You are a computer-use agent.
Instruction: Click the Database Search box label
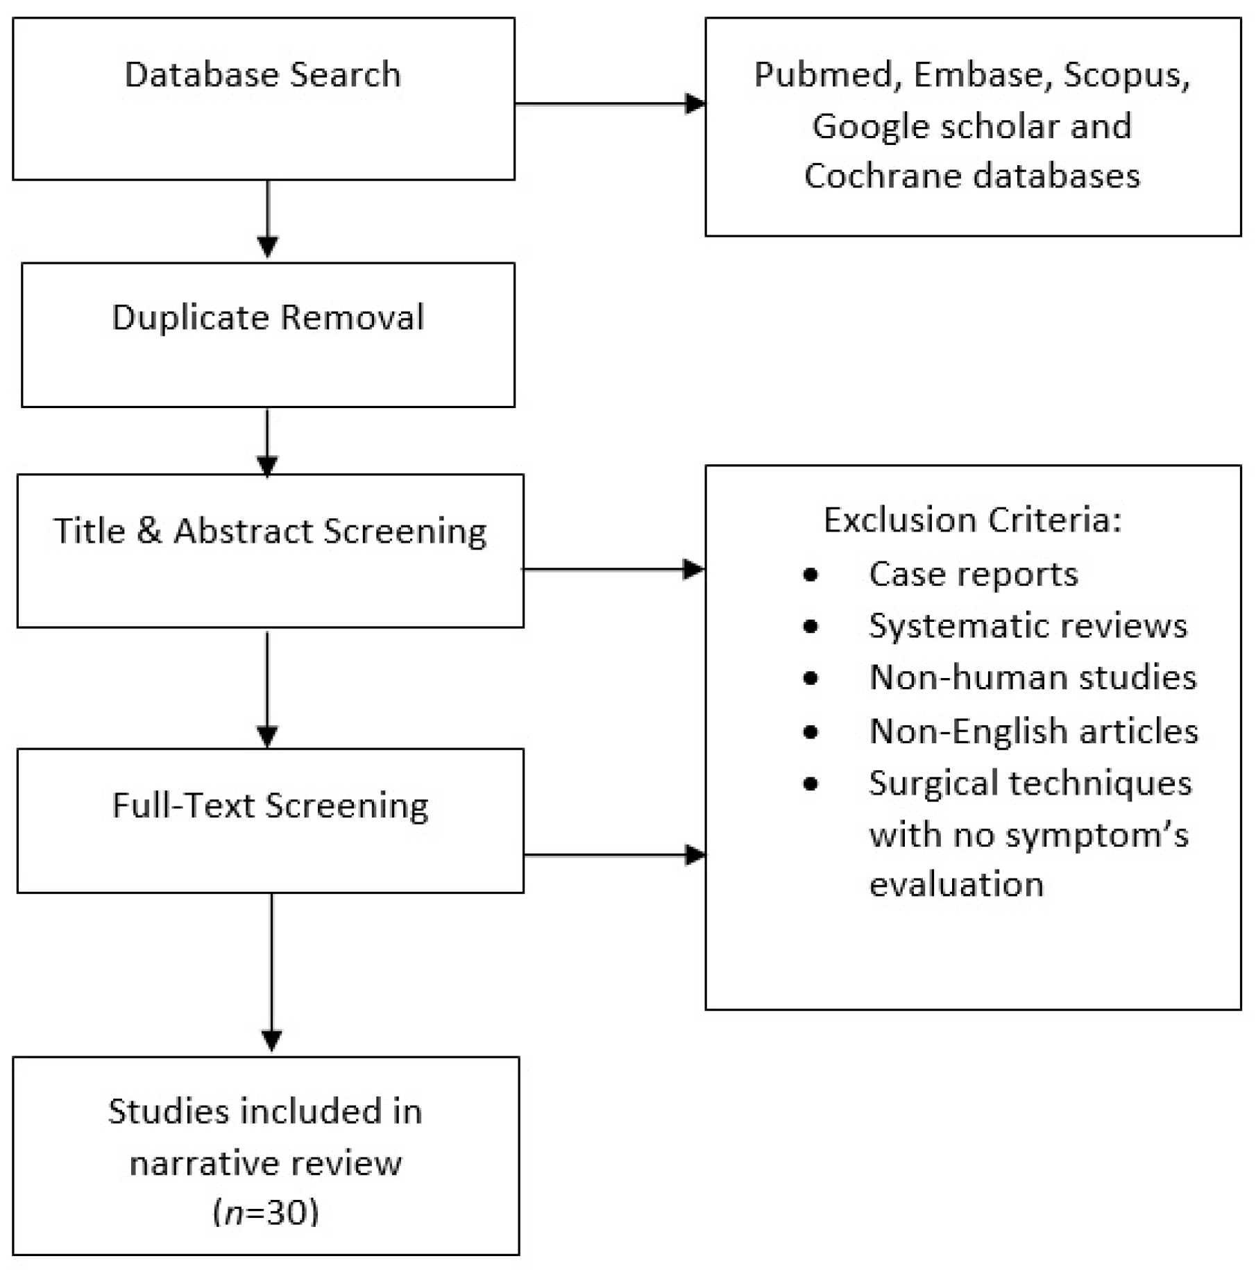[x=262, y=74]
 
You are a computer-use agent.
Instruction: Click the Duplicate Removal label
[x=267, y=318]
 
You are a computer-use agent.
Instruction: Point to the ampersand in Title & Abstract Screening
[x=148, y=531]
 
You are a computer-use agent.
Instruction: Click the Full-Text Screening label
[x=270, y=806]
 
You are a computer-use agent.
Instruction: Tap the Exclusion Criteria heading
[x=971, y=520]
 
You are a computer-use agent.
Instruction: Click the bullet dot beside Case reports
[x=810, y=575]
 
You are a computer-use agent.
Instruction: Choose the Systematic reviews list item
[x=1027, y=626]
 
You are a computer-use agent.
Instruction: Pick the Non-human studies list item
[x=1033, y=677]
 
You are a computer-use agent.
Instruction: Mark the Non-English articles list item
[x=1033, y=731]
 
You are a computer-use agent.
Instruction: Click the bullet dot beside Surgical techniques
[x=810, y=784]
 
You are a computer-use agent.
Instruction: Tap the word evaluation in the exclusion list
[x=956, y=885]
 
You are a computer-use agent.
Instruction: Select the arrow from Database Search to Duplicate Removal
[x=268, y=219]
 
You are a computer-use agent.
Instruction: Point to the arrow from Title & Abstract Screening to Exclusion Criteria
[x=613, y=569]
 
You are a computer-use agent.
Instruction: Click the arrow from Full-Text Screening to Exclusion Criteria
[x=614, y=855]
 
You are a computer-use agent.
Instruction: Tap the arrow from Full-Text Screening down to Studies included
[x=271, y=972]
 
